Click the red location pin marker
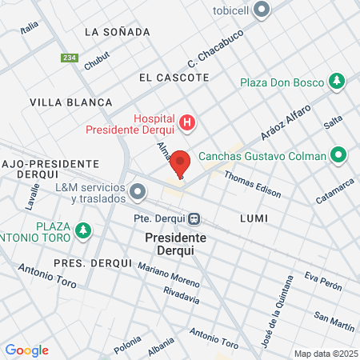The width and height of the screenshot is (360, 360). tap(180, 162)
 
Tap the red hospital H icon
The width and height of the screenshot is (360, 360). tap(186, 122)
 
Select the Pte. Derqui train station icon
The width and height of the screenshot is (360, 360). tap(194, 218)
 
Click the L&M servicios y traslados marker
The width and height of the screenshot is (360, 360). tap(138, 192)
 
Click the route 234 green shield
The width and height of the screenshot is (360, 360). tap(69, 58)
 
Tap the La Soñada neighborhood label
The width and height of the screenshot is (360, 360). tap(117, 32)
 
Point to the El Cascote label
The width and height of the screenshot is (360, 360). tap(174, 78)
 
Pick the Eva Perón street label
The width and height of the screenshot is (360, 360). tap(323, 282)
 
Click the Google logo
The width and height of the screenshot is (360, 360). tap(26, 350)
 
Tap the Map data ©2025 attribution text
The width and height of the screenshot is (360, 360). tap(325, 354)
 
